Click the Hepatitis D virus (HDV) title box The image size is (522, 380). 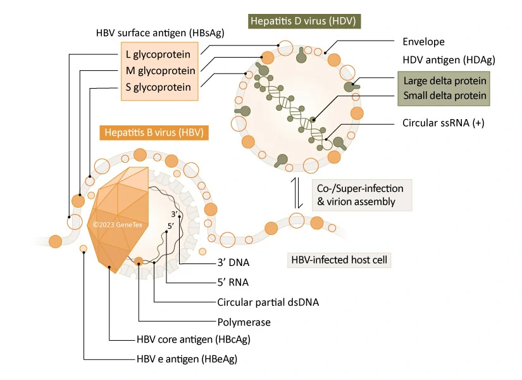(x=304, y=21)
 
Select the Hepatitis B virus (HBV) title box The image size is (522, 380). (x=154, y=133)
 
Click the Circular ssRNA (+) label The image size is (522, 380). (x=443, y=123)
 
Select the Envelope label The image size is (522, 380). (x=423, y=42)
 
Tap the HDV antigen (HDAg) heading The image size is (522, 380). (x=449, y=60)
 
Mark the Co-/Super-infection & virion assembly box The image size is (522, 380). (x=359, y=194)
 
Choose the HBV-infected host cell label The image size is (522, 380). (x=339, y=260)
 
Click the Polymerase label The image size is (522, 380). (x=244, y=322)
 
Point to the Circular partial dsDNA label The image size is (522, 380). (x=268, y=302)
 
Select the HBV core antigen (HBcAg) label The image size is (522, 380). (x=193, y=339)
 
